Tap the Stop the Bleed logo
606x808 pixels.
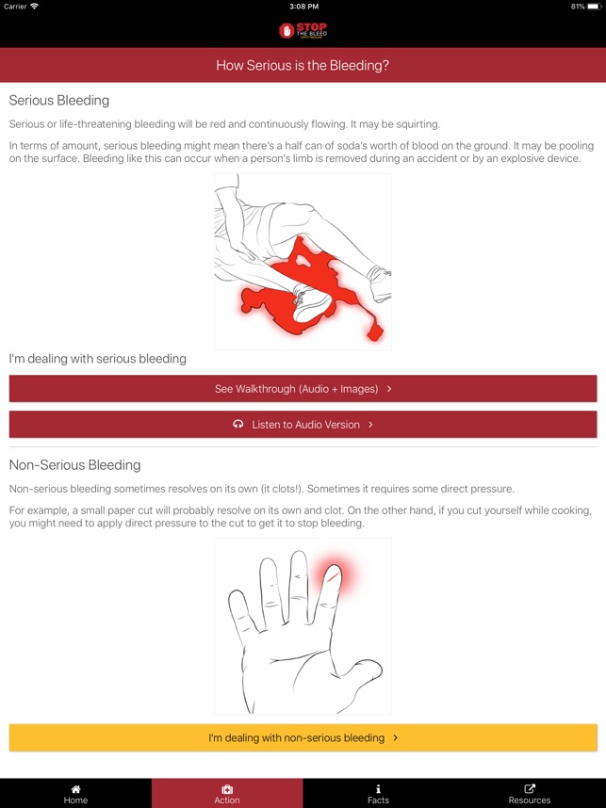tap(303, 31)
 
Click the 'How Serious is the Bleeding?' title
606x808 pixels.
tap(303, 66)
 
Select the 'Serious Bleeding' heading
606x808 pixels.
tap(59, 100)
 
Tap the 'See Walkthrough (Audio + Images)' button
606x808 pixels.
tap(303, 388)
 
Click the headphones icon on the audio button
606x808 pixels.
tap(238, 425)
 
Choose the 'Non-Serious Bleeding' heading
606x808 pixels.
tap(74, 465)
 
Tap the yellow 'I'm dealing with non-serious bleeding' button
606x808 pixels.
tap(303, 737)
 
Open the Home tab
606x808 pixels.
tap(75, 793)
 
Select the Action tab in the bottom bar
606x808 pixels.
tap(227, 793)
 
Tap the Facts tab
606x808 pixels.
tap(378, 793)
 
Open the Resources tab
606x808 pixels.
tap(530, 793)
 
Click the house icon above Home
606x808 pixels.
tap(75, 788)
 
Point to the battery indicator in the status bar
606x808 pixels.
tap(593, 7)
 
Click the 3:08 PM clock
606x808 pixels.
tap(303, 7)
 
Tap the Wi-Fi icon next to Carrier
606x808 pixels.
tap(35, 7)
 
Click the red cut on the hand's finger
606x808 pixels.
tap(333, 571)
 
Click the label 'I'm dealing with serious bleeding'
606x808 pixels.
tap(98, 359)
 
